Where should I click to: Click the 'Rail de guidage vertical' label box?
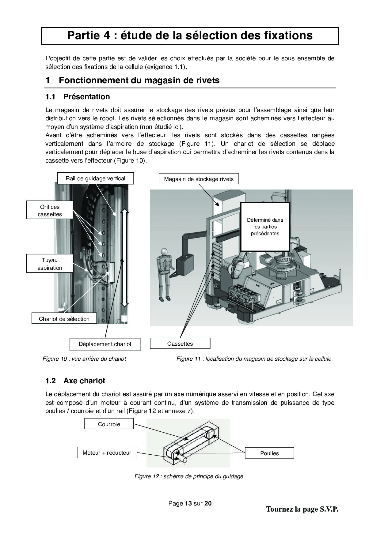click(95, 178)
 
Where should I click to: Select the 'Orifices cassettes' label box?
click(50, 210)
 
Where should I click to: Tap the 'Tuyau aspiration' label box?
click(50, 264)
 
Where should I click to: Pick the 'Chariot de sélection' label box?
click(64, 319)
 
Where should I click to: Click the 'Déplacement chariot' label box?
click(105, 344)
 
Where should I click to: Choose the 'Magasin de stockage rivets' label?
click(199, 179)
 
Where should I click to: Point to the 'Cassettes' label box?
click(180, 344)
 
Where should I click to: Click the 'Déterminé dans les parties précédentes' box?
click(265, 227)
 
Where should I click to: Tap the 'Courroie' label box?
click(109, 424)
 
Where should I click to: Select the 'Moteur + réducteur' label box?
click(107, 453)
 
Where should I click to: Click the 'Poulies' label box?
click(269, 453)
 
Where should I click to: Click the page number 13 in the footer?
click(188, 503)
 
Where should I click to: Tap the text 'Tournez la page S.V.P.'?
click(302, 509)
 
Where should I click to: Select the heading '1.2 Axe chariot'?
click(75, 381)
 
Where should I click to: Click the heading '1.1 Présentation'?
click(78, 97)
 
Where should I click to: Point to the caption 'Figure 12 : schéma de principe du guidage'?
click(189, 476)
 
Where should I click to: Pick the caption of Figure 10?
click(84, 359)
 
